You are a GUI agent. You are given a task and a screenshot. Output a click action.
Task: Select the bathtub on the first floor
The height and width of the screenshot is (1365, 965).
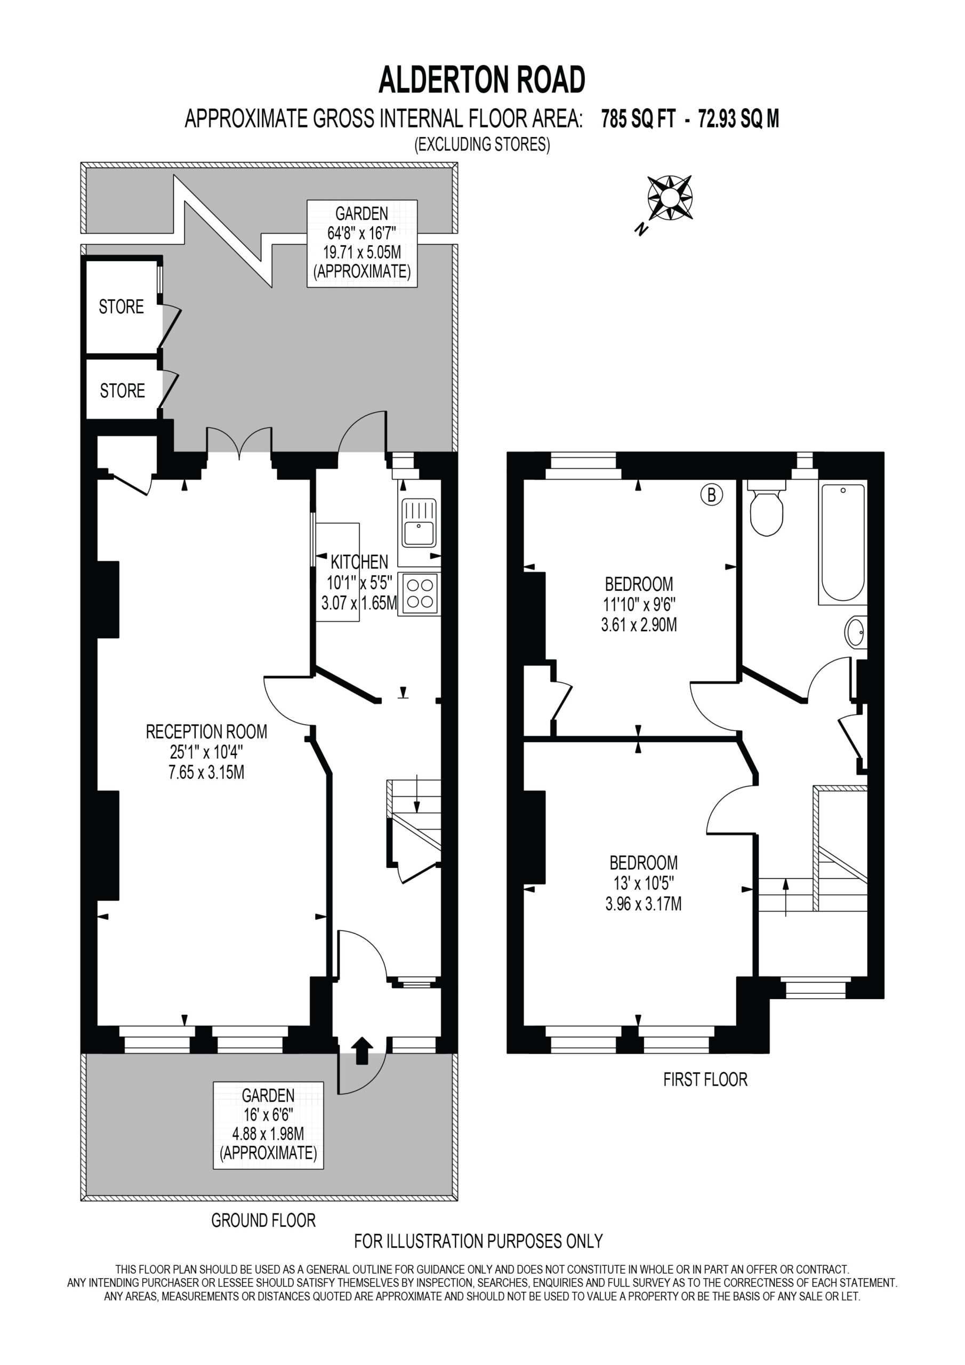(x=842, y=543)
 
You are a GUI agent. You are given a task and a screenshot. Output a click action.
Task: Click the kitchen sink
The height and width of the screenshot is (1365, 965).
(x=419, y=523)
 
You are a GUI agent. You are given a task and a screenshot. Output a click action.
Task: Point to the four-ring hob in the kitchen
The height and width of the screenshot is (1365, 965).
(x=419, y=593)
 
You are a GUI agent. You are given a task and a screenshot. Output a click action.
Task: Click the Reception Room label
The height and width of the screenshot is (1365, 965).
(x=206, y=730)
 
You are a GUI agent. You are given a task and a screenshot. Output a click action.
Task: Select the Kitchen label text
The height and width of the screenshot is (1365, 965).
(x=359, y=561)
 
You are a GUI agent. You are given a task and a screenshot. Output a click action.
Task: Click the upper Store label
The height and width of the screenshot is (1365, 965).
(x=122, y=306)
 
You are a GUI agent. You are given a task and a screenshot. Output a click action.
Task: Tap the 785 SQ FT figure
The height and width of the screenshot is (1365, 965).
(x=638, y=119)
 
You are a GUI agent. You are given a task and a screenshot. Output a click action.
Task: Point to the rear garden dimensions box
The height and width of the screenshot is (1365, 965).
(x=362, y=244)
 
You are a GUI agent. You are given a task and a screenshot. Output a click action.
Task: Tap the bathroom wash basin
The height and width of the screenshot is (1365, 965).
(x=856, y=632)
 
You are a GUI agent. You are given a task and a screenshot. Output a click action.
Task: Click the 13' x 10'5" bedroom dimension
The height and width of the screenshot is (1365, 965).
(x=644, y=883)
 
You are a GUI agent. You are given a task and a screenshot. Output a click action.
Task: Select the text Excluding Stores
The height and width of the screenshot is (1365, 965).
(x=482, y=144)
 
